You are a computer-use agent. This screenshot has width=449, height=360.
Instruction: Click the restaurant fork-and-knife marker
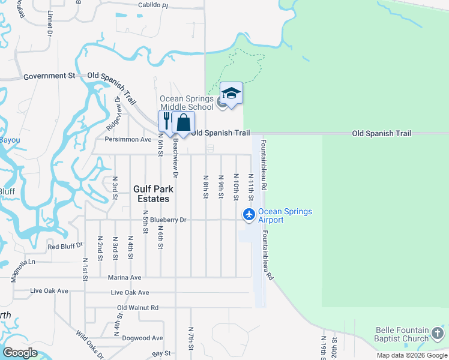(x=166, y=121)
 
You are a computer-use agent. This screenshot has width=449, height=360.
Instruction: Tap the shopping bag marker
(x=183, y=122)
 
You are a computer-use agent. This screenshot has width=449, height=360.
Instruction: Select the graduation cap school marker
(x=231, y=93)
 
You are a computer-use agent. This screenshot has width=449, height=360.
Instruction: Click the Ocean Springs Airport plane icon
(x=249, y=214)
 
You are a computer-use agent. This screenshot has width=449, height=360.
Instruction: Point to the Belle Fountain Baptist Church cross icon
(x=438, y=334)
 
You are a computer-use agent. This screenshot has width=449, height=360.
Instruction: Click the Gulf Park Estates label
(x=151, y=193)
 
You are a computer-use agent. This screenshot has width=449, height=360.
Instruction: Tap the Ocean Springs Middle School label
(x=186, y=103)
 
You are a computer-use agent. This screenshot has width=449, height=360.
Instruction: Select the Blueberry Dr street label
(x=160, y=220)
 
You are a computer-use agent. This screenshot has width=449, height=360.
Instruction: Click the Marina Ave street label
(x=124, y=278)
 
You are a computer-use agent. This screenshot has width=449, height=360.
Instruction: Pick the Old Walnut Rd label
(x=137, y=308)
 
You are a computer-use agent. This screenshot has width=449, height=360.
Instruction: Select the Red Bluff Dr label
(x=65, y=247)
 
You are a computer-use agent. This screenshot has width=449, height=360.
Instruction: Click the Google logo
(x=20, y=352)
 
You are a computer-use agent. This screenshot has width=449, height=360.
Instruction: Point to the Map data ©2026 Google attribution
(x=411, y=355)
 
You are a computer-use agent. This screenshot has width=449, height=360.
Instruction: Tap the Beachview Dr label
(x=175, y=160)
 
